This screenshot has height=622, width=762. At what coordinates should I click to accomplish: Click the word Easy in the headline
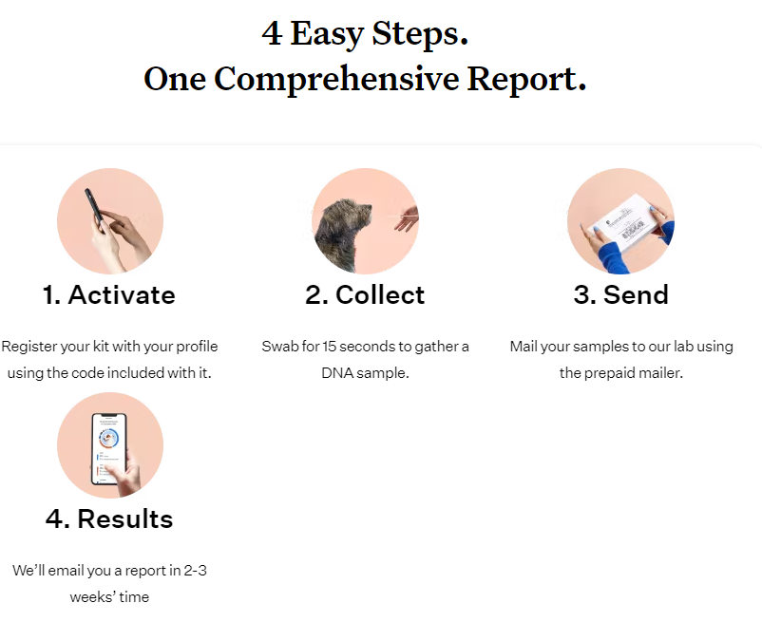coord(327,35)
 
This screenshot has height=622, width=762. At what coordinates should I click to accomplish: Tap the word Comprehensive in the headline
coord(336,80)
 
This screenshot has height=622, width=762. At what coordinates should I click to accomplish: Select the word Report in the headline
coord(526,80)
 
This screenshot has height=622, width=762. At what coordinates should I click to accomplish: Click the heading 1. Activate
coord(109,294)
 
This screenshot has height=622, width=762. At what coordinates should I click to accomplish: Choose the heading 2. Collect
coord(365,294)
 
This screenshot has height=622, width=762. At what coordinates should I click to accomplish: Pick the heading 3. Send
coord(621,294)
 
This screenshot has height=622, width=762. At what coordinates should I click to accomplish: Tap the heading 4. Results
coord(109,518)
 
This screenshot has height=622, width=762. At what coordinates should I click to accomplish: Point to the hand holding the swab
coord(408,218)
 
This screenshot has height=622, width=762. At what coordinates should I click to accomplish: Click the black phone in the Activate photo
coord(94,208)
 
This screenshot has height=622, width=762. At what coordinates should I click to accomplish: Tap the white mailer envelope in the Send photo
coord(623,223)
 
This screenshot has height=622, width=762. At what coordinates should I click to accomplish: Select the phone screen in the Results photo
coord(109,447)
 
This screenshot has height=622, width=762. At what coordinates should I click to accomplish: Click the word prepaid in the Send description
coord(609,373)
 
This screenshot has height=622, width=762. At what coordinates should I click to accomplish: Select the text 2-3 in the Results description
coord(196,570)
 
